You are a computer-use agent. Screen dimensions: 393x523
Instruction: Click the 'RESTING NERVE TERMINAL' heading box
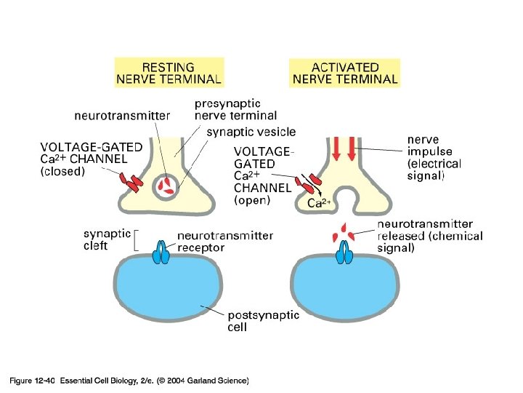coord(170,72)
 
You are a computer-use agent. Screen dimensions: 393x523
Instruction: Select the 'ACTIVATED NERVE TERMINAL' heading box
coord(345,72)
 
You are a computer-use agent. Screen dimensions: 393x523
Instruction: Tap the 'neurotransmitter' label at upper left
coord(123,115)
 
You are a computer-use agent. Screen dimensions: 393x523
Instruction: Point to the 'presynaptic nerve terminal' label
coord(235,109)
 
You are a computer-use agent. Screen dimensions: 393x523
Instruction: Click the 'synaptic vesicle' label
coord(251,132)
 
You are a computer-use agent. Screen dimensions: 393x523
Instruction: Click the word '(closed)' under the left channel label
coord(62,172)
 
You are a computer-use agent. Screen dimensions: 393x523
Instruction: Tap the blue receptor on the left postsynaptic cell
coord(161,254)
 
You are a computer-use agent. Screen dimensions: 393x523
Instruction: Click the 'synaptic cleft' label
coord(106,239)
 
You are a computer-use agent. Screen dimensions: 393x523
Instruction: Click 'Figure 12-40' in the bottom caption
coord(32,380)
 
